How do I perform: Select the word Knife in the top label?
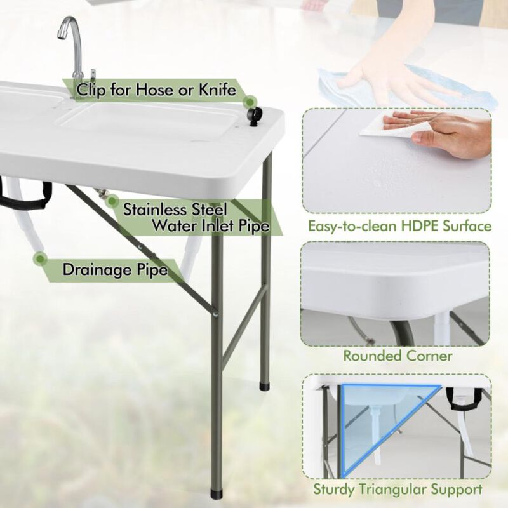click(215, 90)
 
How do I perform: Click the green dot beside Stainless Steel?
click(112, 201)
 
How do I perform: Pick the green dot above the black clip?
click(251, 101)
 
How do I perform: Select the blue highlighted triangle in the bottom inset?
click(368, 419)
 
